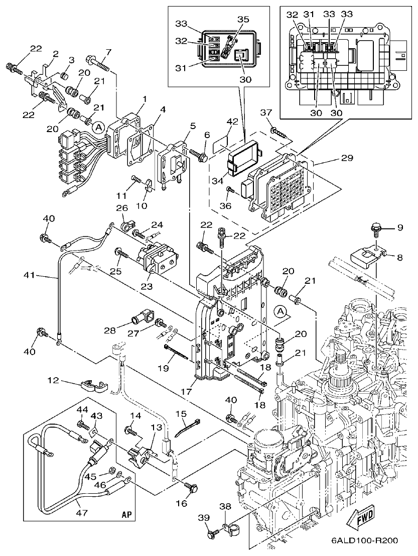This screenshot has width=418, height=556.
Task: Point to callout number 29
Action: pyautogui.click(x=347, y=158)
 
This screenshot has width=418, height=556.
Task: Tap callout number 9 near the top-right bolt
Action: pyautogui.click(x=400, y=228)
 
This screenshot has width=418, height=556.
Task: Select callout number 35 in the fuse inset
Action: pyautogui.click(x=243, y=20)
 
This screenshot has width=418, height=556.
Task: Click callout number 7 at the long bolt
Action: pyautogui.click(x=108, y=52)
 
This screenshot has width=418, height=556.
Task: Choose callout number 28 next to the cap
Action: pyautogui.click(x=109, y=330)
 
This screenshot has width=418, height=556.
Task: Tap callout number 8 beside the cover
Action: pyautogui.click(x=400, y=258)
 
